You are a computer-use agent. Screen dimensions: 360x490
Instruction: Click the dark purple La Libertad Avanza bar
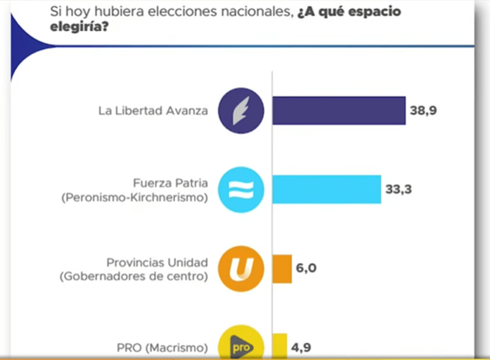[x=339, y=111]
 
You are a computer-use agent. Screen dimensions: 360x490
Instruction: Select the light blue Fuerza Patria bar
[x=327, y=189]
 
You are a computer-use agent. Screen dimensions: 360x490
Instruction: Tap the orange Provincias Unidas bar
[x=282, y=269]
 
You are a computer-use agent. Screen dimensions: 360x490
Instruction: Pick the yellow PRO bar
[x=280, y=346]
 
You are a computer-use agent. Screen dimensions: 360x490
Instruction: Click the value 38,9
[x=423, y=111]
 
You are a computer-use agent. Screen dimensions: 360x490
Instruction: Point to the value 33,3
[x=399, y=189]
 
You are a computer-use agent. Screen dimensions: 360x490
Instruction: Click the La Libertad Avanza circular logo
[x=241, y=111]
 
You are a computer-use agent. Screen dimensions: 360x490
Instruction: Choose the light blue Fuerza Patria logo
[x=241, y=189]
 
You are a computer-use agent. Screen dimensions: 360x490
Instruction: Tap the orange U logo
[x=241, y=269]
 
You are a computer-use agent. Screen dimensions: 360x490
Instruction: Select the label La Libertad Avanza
[x=153, y=111]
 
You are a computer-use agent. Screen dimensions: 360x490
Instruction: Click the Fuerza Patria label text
[x=170, y=183]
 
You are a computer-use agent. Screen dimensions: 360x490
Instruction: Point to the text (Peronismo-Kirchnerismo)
[x=135, y=197]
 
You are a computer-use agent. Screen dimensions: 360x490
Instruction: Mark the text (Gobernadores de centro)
[x=134, y=276]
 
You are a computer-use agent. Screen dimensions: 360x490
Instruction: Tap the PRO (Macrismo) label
[x=163, y=348]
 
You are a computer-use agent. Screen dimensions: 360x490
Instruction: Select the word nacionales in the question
[x=259, y=11]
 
